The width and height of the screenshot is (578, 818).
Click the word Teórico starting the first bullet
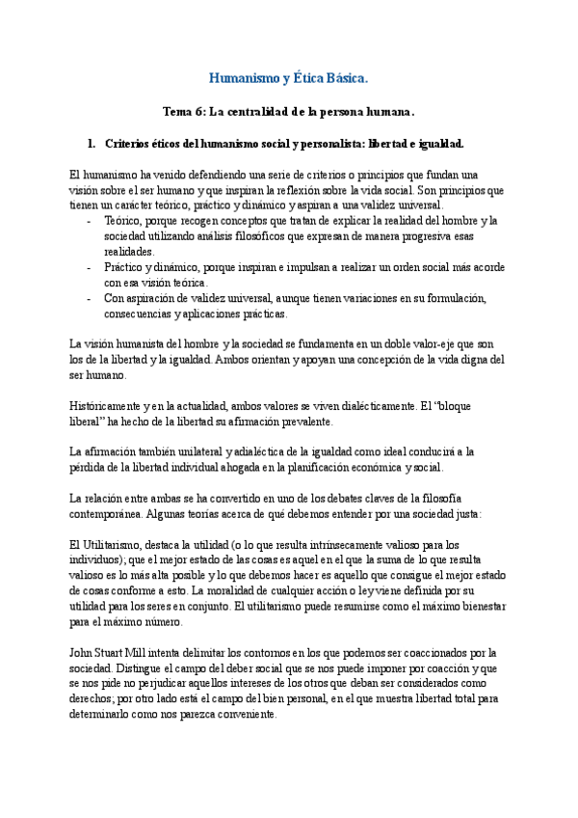pyautogui.click(x=123, y=221)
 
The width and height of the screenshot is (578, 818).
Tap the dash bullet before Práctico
pyautogui.click(x=89, y=267)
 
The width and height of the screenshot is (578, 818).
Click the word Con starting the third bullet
pyautogui.click(x=115, y=298)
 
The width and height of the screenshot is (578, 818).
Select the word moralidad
pyautogui.click(x=279, y=591)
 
